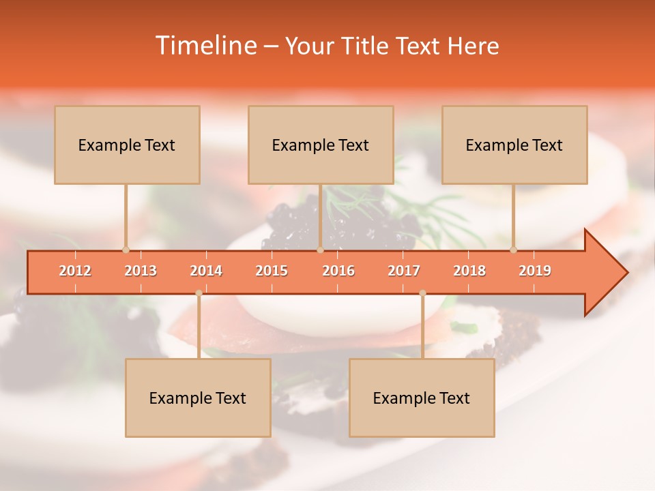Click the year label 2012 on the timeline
tap(75, 271)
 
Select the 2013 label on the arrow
tap(141, 271)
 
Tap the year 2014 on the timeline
tap(206, 271)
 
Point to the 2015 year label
tap(272, 271)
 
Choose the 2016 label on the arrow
tap(338, 271)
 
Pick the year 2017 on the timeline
tap(404, 271)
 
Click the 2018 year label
tap(469, 271)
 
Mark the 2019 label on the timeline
tap(535, 271)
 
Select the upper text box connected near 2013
tap(127, 145)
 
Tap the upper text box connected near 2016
tap(321, 145)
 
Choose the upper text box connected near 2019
tap(514, 145)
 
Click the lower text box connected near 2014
tap(198, 398)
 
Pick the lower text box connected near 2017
tap(422, 398)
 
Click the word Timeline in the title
tap(205, 46)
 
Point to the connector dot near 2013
tap(126, 250)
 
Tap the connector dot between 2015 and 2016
tap(320, 250)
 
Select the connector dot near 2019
tap(514, 250)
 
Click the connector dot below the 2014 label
tap(199, 293)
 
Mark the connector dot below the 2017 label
tap(422, 293)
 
